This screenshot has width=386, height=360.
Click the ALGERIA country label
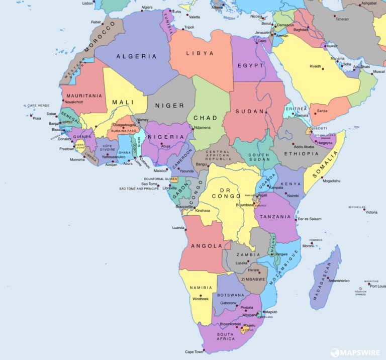(x=136, y=56)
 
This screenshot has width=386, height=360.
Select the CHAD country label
(x=205, y=118)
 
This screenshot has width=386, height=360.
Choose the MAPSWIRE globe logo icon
(x=334, y=352)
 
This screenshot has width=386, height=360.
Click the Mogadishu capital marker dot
(x=322, y=177)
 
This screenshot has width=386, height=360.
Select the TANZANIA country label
(x=275, y=217)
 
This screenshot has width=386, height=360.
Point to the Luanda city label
(x=178, y=228)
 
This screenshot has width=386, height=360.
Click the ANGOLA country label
(x=207, y=246)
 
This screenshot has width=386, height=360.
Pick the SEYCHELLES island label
(x=357, y=207)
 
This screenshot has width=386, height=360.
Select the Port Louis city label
(x=378, y=286)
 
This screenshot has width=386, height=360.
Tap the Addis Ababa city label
(x=304, y=147)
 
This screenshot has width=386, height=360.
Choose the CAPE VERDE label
(x=38, y=106)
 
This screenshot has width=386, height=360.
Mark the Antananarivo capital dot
(x=328, y=278)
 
